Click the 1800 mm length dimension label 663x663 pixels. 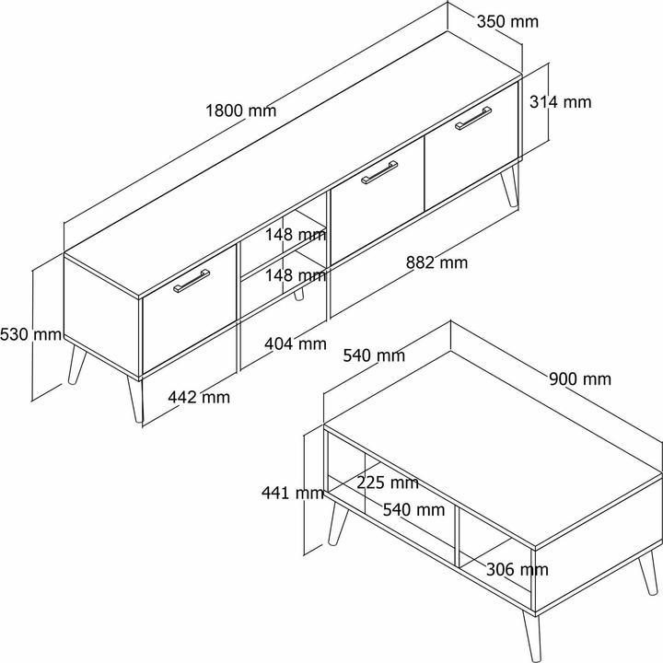pos(240,110)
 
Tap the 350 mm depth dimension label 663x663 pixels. pos(507,21)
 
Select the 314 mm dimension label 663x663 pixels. pos(560,102)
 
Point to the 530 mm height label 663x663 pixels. pos(31,334)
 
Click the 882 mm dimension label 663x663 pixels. pos(436,262)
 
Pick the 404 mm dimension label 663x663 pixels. pos(296,343)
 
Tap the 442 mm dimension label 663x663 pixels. pos(199,397)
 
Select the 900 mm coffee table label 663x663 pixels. pos(580,378)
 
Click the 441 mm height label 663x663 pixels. pos(293,493)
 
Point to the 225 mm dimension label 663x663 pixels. pos(388,483)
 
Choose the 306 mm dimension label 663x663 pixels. pos(518,570)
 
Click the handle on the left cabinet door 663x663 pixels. pos(192,281)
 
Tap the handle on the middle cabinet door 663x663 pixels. pos(379,172)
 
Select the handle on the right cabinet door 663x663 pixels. pos(473,118)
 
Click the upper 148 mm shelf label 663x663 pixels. pos(296,234)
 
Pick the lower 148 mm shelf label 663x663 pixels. pos(296,275)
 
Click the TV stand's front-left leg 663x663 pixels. pos(136,399)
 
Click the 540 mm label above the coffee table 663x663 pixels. pos(374,355)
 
